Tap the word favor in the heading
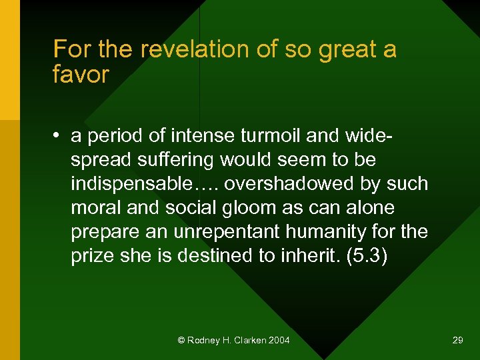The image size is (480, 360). click(80, 74)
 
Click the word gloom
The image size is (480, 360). click(255, 208)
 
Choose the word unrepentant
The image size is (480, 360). click(213, 232)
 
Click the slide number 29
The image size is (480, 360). click(457, 340)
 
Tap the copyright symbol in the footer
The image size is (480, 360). click(181, 340)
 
